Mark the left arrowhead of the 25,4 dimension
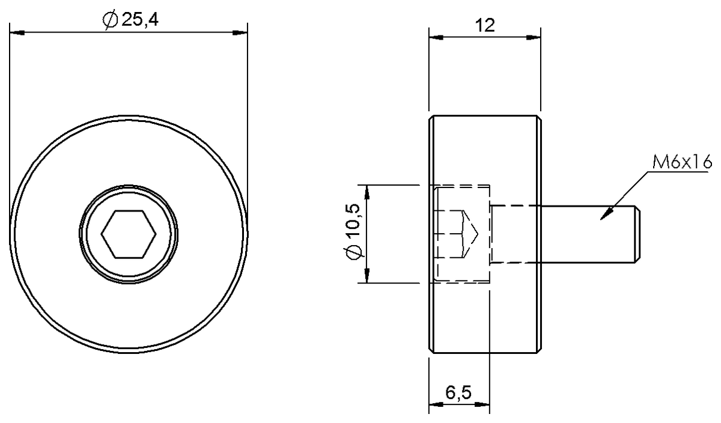pyautogui.click(x=17, y=32)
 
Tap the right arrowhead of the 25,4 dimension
pyautogui.click(x=240, y=32)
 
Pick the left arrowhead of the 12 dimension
pyautogui.click(x=435, y=38)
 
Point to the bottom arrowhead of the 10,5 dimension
pyautogui.click(x=366, y=277)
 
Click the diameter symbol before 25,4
pyautogui.click(x=110, y=21)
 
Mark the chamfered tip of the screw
pyautogui.click(x=637, y=234)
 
